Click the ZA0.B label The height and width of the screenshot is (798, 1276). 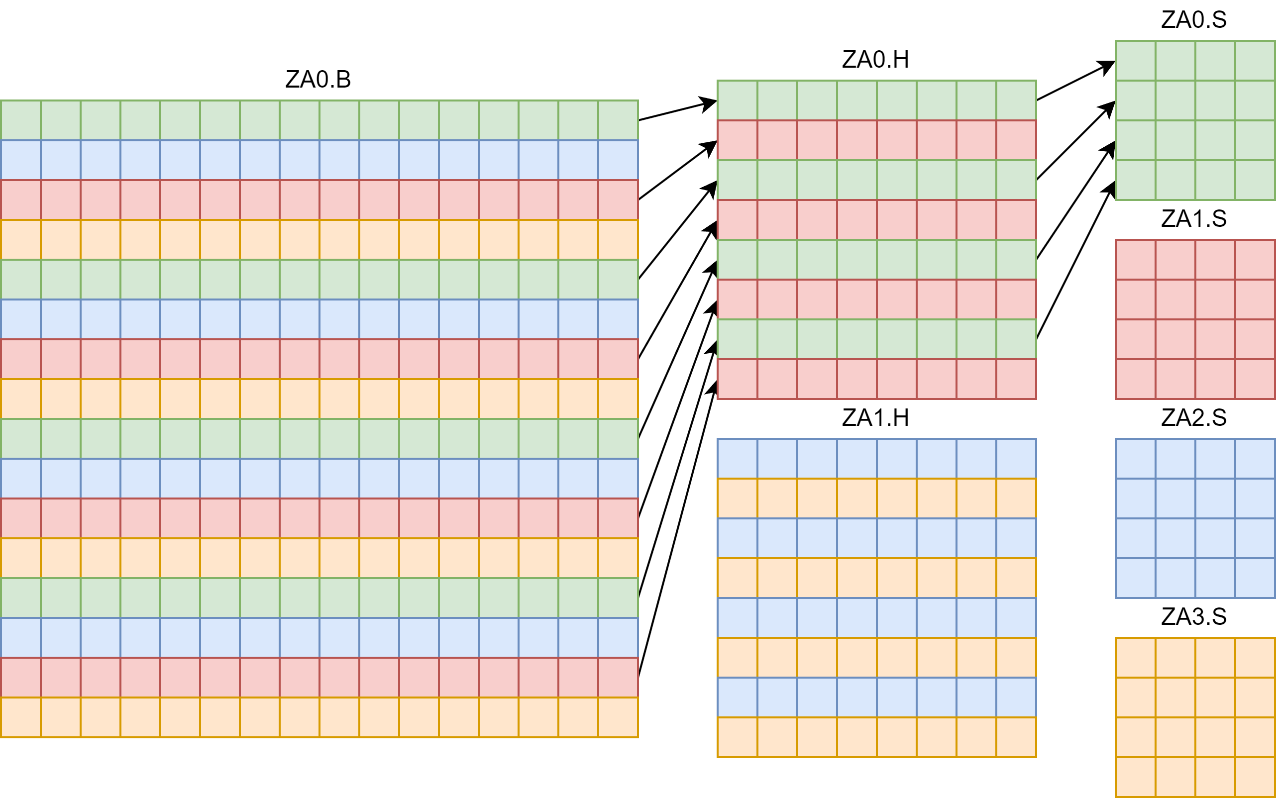(x=318, y=80)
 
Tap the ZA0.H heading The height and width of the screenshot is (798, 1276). (x=875, y=60)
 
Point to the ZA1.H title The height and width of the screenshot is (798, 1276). (x=875, y=418)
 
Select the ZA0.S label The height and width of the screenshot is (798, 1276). (x=1194, y=20)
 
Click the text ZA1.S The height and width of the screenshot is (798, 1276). (x=1194, y=219)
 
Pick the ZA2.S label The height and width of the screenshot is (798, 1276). (x=1194, y=418)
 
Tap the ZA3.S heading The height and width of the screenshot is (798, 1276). (x=1194, y=617)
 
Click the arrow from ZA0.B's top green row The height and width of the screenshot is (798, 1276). (x=677, y=110)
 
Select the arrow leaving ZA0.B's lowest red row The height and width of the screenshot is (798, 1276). (x=677, y=529)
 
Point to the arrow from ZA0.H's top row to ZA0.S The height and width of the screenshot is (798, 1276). (x=1075, y=81)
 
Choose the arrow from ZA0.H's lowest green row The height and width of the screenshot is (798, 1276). (x=1075, y=260)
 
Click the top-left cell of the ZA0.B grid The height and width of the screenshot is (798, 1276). (x=20, y=120)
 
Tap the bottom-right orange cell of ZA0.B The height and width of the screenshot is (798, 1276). (x=618, y=717)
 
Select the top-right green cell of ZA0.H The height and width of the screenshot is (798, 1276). (x=1016, y=100)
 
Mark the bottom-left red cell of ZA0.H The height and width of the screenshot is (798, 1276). (x=737, y=379)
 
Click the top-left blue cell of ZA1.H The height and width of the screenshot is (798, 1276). (x=737, y=459)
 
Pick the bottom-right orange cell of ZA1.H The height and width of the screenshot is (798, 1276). (x=1016, y=737)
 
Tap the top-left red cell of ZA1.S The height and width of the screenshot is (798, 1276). (x=1135, y=260)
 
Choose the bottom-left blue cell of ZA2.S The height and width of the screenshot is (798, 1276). (x=1135, y=578)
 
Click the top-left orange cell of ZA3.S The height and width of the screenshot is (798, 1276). (x=1135, y=658)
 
